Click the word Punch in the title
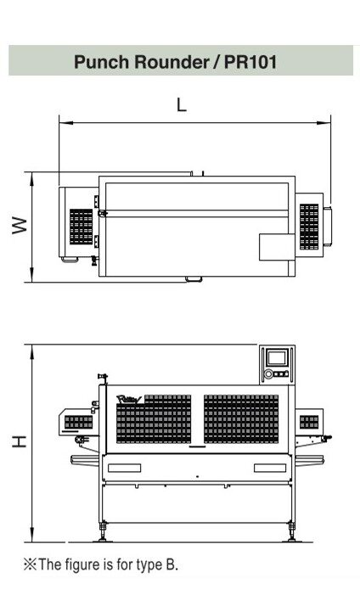point(101,62)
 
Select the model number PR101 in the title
point(250,62)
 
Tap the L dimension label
point(182,104)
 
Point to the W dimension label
point(20,225)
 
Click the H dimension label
point(20,441)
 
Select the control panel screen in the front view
point(278,358)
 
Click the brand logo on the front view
point(129,399)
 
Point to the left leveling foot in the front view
point(103,532)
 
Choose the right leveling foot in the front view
point(291,532)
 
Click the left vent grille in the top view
point(82,227)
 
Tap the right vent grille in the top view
point(309,227)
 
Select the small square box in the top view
point(277,247)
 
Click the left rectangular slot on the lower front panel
point(124,468)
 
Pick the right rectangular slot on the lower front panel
point(270,468)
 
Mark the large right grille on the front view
point(241,418)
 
